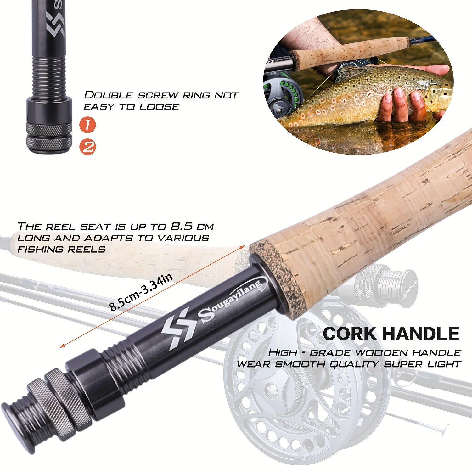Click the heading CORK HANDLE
coord(391,334)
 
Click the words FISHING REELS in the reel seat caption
coord(61,249)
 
